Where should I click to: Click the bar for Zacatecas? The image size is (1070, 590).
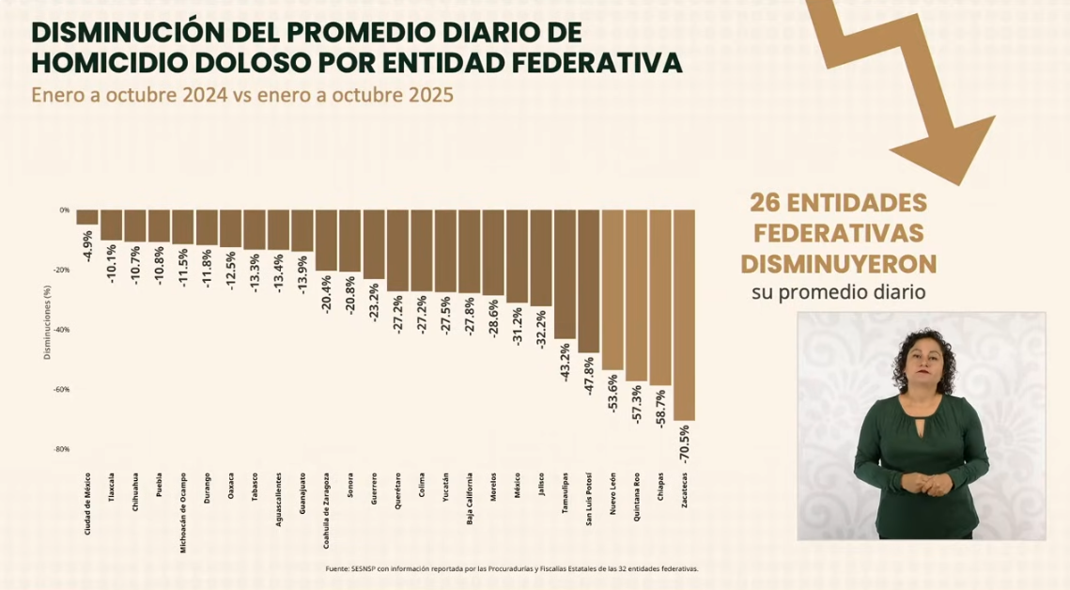tap(684, 315)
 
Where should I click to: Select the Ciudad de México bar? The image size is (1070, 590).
tap(87, 217)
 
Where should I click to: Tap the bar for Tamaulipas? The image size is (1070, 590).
tap(565, 273)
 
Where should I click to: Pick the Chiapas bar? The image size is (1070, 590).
tap(660, 297)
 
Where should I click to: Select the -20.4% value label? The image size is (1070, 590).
tap(326, 294)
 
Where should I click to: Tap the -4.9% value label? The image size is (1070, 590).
tap(88, 244)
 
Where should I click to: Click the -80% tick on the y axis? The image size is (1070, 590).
tap(62, 449)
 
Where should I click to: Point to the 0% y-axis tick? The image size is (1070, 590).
tap(65, 210)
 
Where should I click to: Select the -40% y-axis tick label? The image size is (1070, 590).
tap(62, 330)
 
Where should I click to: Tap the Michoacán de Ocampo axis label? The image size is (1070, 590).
tap(183, 512)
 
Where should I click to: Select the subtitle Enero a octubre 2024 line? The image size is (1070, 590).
tap(242, 96)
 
